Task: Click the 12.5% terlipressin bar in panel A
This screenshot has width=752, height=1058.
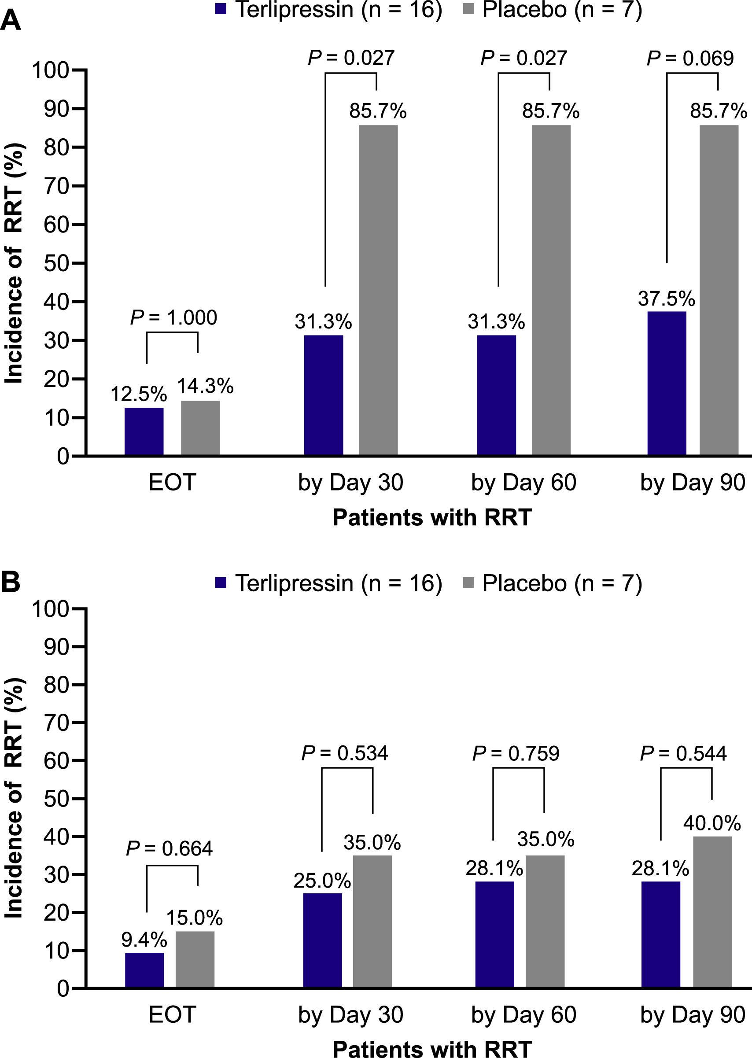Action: (x=144, y=431)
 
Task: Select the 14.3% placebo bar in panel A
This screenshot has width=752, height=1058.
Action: (x=200, y=428)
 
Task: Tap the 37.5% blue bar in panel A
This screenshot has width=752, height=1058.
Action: (x=666, y=383)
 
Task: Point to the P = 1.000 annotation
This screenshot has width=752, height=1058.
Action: (x=173, y=317)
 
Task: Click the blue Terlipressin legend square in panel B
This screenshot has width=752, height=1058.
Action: (x=221, y=583)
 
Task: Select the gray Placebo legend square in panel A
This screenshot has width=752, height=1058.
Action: (x=468, y=10)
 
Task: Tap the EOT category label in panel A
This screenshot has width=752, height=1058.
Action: (x=172, y=483)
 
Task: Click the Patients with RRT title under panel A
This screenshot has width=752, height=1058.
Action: (x=431, y=517)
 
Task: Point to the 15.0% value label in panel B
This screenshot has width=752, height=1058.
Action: (x=195, y=918)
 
